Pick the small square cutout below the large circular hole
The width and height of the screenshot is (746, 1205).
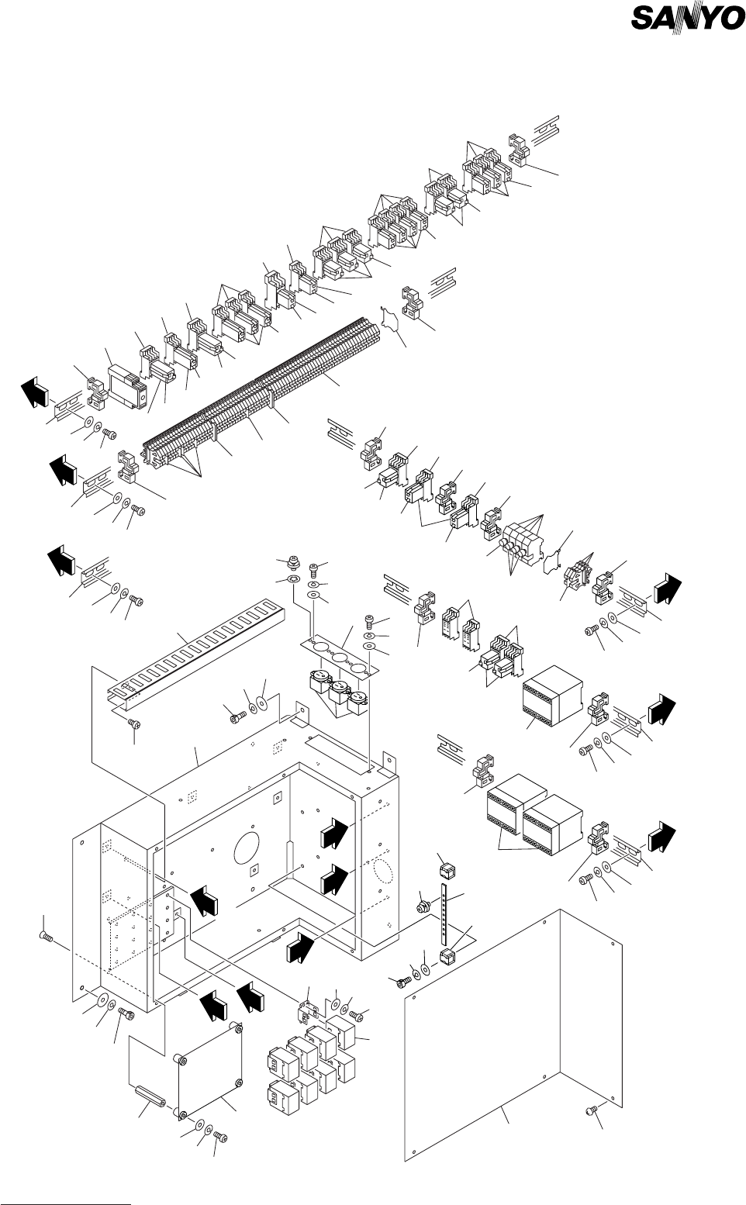pyautogui.click(x=254, y=871)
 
